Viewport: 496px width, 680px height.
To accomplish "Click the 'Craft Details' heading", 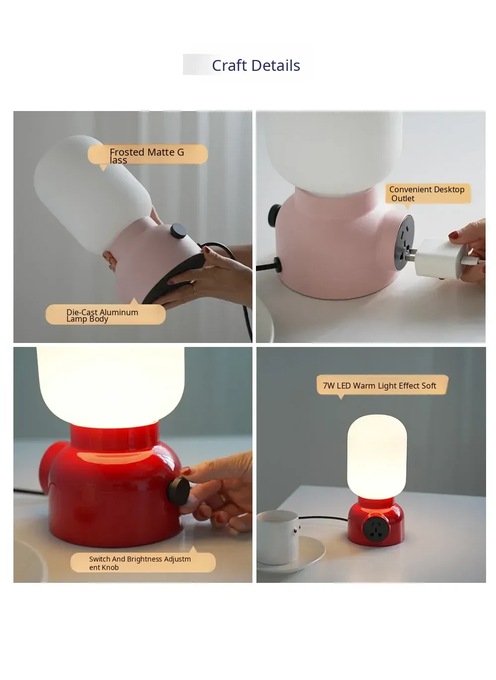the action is point(256,65).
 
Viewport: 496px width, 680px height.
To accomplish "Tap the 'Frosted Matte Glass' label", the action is point(147,156).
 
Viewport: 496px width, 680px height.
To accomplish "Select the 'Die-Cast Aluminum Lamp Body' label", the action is point(102,315).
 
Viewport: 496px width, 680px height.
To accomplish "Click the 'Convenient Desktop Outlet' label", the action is point(427,194).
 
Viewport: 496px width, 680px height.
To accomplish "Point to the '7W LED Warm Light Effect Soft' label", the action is point(379,386).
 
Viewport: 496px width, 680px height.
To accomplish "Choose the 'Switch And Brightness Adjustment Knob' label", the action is point(140,563).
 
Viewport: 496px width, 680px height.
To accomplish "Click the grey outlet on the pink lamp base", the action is point(404,242).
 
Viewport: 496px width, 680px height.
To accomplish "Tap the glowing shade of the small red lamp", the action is point(376,457).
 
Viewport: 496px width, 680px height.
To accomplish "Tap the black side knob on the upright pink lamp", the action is point(275,215).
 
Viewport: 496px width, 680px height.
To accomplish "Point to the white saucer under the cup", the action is point(291,555).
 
